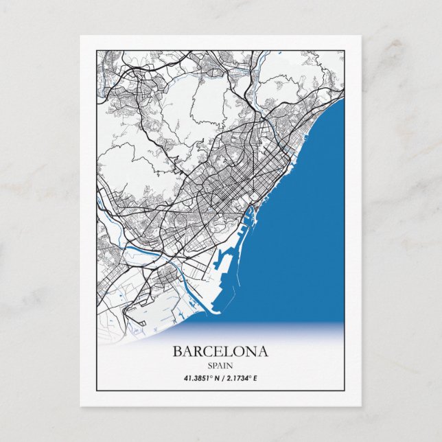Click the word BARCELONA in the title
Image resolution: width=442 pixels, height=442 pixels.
tap(220, 351)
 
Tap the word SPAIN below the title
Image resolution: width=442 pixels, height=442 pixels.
tap(220, 364)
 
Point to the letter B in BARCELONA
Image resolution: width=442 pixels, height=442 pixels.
tap(178, 351)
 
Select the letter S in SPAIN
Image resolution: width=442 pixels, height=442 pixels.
tap(209, 364)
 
